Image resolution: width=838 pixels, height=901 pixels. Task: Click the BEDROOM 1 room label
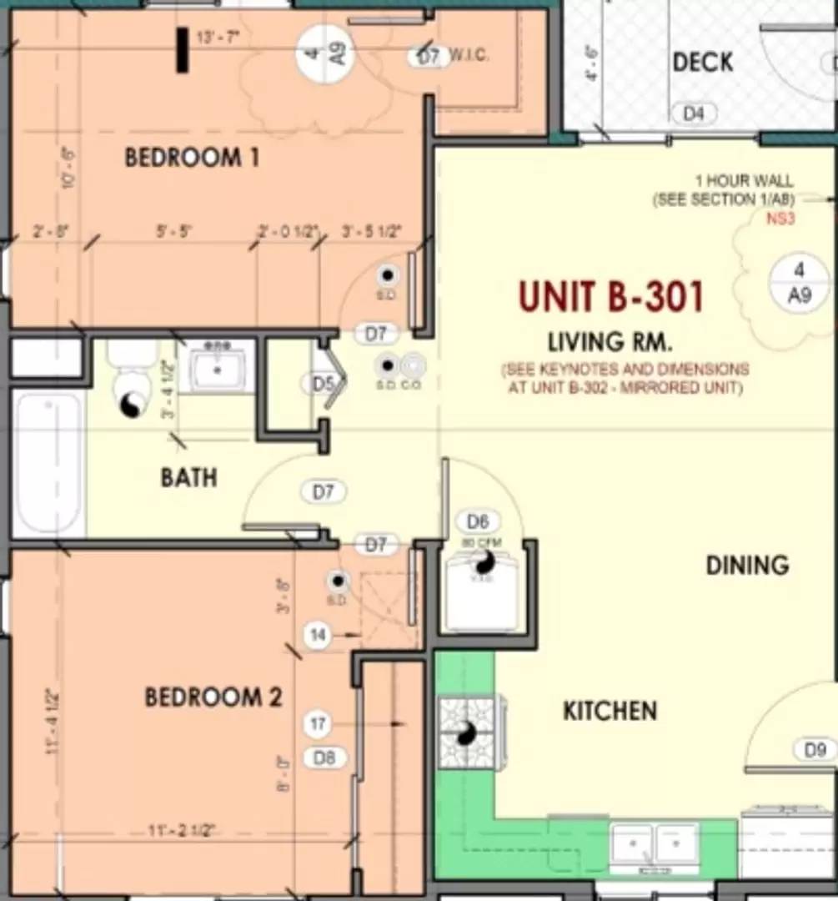(192, 157)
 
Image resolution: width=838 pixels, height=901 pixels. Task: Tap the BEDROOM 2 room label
(213, 697)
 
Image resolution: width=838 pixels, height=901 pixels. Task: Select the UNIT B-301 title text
(610, 296)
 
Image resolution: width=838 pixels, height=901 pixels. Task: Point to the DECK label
(702, 62)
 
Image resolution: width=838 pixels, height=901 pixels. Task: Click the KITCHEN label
(610, 711)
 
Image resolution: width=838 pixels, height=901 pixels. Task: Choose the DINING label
(747, 565)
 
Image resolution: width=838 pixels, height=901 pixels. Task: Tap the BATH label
(188, 477)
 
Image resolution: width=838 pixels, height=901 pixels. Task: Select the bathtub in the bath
(48, 463)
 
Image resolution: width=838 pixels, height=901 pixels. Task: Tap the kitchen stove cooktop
(466, 732)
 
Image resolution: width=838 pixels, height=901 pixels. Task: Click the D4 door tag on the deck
(694, 113)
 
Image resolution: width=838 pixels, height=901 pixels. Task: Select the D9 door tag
(815, 749)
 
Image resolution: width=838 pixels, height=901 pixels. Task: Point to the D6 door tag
(477, 522)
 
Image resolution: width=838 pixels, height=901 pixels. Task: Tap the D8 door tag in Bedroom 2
(324, 758)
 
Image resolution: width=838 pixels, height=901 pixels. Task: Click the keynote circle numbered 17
(318, 724)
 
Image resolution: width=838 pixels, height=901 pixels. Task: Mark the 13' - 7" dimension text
(216, 38)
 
